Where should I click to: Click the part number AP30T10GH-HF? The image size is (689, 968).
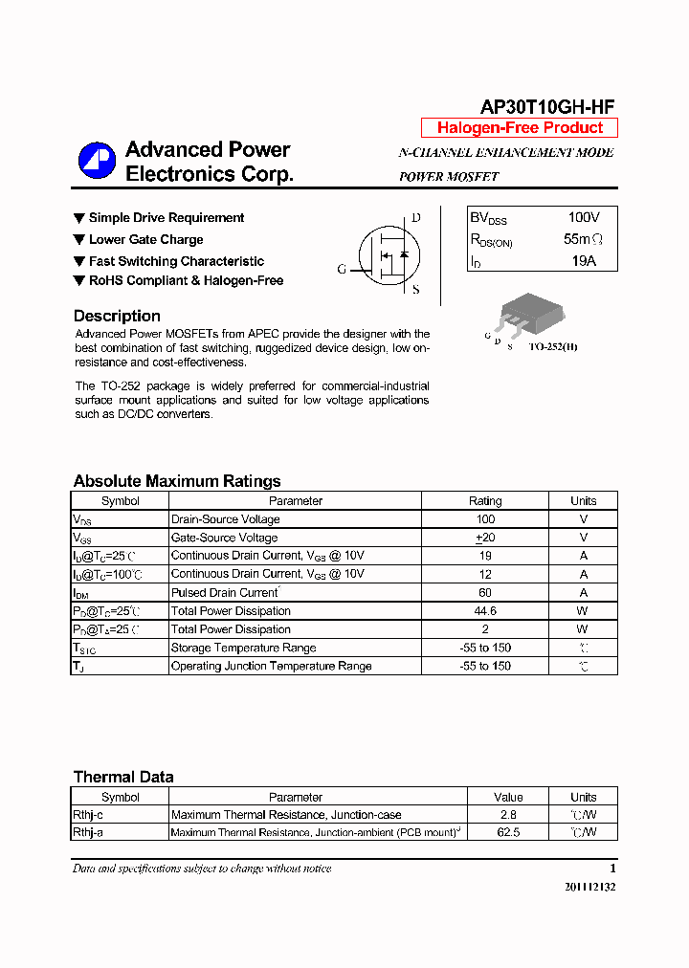(547, 107)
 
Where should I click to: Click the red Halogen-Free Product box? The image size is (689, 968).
(520, 128)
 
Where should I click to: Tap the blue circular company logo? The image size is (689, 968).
(97, 161)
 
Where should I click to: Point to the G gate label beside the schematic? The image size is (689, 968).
(342, 270)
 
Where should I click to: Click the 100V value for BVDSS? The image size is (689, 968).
(583, 218)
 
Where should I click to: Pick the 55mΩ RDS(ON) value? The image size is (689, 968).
(583, 239)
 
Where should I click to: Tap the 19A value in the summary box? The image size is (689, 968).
(583, 260)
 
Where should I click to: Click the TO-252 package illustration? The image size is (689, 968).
(527, 313)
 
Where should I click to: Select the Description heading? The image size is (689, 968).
(117, 316)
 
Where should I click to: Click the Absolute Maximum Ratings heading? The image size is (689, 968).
(177, 481)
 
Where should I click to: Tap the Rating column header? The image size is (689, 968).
(485, 500)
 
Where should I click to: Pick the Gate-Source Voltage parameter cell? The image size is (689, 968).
(224, 538)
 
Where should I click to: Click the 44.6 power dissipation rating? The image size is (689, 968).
(485, 611)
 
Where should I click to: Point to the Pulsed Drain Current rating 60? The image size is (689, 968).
(485, 593)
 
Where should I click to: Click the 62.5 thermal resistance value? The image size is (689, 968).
(508, 832)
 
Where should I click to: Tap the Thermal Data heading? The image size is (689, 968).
(123, 777)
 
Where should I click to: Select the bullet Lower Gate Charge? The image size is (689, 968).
(145, 240)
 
